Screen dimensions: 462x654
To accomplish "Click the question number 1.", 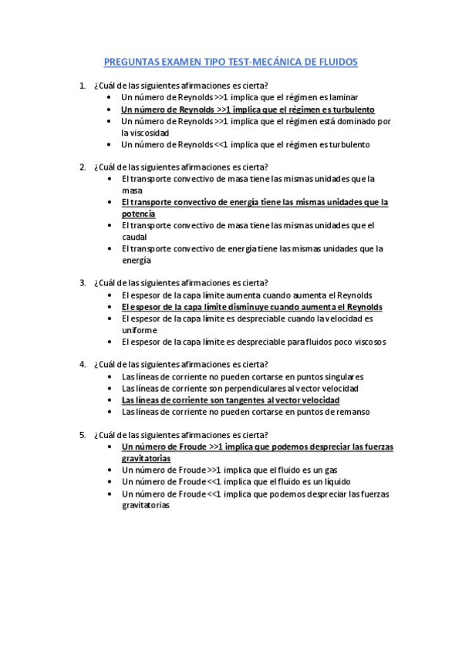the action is coord(83,86).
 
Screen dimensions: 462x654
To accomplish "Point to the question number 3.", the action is coord(83,282).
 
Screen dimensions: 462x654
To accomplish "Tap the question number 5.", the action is coord(83,434).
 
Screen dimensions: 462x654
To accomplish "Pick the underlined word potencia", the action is coord(138,214).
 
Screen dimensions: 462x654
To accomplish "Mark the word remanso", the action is coord(352,412).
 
